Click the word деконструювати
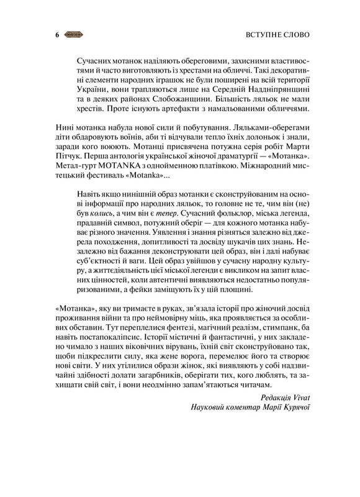point(175,257)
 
